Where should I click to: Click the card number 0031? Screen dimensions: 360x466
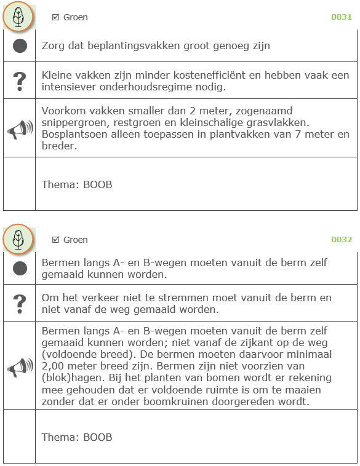[342, 17]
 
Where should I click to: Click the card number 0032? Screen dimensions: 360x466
[342, 240]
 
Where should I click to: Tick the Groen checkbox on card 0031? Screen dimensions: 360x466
[55, 17]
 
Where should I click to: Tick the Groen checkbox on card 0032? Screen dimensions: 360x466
[55, 240]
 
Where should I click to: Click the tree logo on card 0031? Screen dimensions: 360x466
[18, 17]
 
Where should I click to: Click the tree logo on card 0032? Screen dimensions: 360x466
[18, 239]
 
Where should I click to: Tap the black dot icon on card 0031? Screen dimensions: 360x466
[20, 45]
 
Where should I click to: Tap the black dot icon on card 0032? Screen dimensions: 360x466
[20, 268]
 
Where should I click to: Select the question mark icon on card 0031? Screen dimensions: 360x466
[20, 80]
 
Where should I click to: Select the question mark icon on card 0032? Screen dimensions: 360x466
[20, 302]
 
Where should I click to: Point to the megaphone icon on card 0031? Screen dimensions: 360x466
[20, 129]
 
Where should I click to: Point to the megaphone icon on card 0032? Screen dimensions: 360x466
[20, 367]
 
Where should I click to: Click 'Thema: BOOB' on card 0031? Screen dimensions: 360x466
[77, 184]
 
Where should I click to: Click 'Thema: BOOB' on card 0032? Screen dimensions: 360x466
[77, 438]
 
